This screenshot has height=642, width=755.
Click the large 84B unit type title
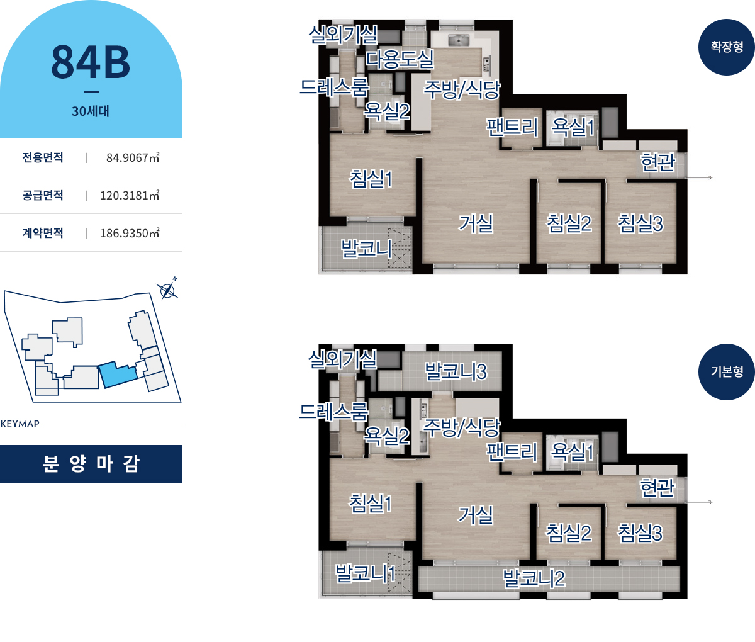[91, 62]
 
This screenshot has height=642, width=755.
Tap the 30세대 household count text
[91, 111]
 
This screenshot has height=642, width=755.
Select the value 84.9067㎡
[133, 157]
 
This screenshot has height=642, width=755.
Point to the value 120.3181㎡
[130, 196]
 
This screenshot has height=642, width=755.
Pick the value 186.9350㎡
[130, 233]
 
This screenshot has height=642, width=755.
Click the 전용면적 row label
[43, 157]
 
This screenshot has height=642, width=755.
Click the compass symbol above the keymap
[167, 291]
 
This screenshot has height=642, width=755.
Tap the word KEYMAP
[20, 424]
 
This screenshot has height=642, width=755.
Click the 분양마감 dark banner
[91, 464]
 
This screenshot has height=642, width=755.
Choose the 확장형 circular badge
[727, 47]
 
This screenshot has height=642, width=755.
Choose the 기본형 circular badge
[727, 372]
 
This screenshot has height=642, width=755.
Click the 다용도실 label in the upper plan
[400, 60]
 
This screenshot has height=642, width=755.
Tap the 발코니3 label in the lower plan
[456, 371]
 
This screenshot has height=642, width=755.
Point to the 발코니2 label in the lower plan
[534, 578]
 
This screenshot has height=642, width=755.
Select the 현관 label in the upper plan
[658, 162]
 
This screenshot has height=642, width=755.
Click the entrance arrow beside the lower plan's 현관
[699, 502]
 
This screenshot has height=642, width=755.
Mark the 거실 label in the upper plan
[476, 223]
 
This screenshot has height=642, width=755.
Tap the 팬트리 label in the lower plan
[512, 452]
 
